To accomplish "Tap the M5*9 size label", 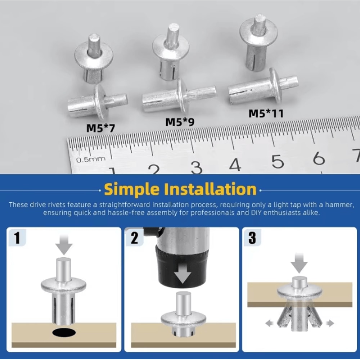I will coord(180,122).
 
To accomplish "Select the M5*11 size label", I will coord(266,113).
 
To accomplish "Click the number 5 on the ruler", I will coord(278,162).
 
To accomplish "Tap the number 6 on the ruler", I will coord(319,158).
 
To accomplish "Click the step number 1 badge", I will coord(17,238).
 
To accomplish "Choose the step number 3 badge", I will coord(252,238).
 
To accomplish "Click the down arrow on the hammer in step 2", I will coord(183,276).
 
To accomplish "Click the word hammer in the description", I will coord(337,204).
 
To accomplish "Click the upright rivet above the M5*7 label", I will coord(93,59).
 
